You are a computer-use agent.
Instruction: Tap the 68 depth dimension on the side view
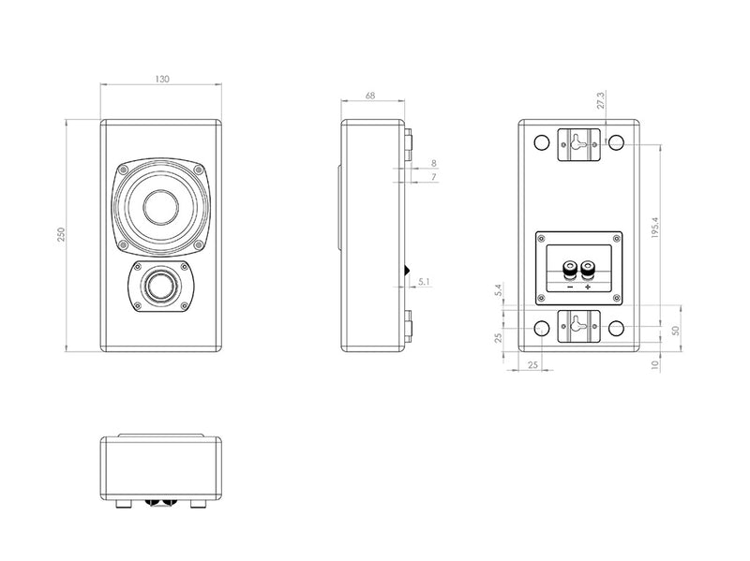pyautogui.click(x=371, y=95)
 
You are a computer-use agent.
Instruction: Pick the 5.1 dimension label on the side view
pyautogui.click(x=424, y=280)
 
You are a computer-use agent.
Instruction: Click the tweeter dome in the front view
pyautogui.click(x=160, y=286)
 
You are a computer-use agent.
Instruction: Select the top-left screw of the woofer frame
pyautogui.click(x=122, y=170)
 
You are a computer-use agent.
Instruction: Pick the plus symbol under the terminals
pyautogui.click(x=588, y=288)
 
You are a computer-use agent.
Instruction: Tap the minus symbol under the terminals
pyautogui.click(x=568, y=288)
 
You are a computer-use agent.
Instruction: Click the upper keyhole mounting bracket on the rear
pyautogui.click(x=577, y=143)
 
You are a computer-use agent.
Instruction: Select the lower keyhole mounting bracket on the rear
pyautogui.click(x=577, y=328)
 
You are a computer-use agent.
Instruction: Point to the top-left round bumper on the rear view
pyautogui.click(x=540, y=143)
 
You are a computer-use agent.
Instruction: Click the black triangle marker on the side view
pyautogui.click(x=406, y=272)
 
